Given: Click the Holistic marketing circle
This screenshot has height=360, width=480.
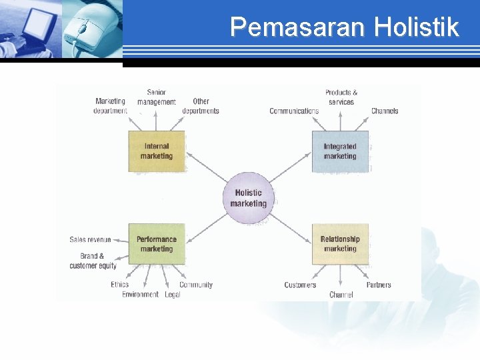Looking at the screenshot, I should (248, 198).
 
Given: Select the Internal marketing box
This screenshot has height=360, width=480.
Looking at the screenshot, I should (156, 151).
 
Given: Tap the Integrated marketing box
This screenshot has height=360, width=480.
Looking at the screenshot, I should (340, 151).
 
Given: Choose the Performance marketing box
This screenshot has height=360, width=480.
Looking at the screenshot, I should (157, 244).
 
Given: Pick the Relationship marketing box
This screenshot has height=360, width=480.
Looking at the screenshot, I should (340, 244).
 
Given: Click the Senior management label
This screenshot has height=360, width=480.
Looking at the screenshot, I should (157, 97).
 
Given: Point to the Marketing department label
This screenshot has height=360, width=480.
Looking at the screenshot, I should (110, 106).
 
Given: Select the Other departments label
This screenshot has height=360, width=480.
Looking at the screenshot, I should (201, 106).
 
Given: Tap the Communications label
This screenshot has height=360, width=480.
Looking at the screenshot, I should (294, 111).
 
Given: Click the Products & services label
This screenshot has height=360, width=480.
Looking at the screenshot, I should (341, 97).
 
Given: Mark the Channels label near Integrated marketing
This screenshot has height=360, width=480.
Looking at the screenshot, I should (385, 111).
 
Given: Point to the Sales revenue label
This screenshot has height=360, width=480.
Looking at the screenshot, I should (90, 239).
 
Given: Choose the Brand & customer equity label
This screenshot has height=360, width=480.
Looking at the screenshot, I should (93, 261).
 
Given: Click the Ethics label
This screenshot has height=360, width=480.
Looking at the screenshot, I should (120, 285).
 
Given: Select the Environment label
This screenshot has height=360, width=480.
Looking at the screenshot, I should (140, 295).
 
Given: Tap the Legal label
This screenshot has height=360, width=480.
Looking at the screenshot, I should (173, 295).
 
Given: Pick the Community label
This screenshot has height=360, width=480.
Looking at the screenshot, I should (196, 285).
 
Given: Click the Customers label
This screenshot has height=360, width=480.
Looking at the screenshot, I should (300, 285).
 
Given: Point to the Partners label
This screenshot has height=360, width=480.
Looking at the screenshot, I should (379, 285).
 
